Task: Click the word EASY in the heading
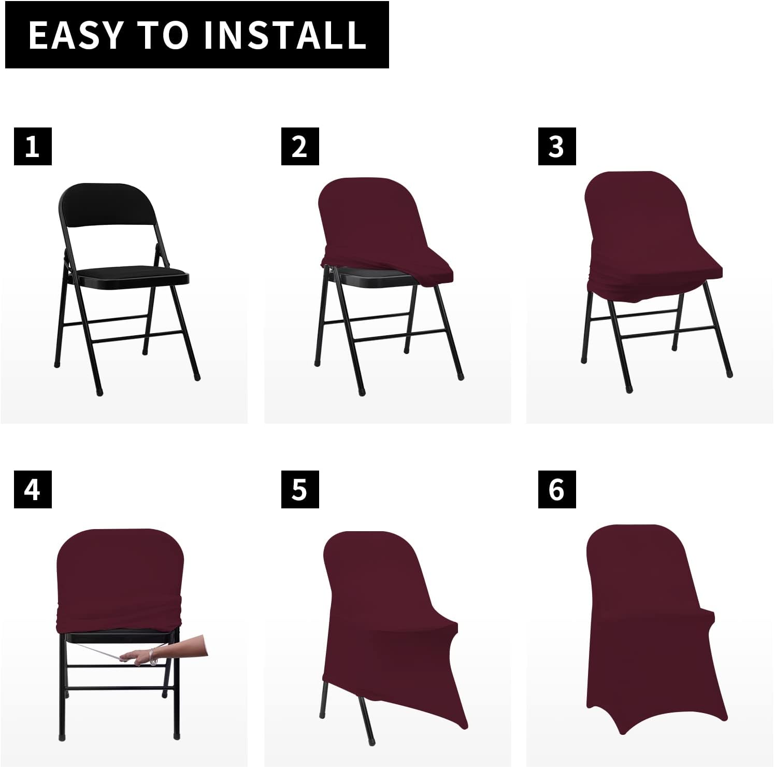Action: (x=76, y=35)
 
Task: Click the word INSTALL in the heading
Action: (x=284, y=35)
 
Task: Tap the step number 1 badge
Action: (x=33, y=146)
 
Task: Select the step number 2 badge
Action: (x=300, y=146)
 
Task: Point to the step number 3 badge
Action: (x=557, y=146)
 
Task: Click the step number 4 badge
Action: (x=33, y=489)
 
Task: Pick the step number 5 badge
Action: (x=300, y=489)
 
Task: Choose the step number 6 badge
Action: (x=557, y=489)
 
